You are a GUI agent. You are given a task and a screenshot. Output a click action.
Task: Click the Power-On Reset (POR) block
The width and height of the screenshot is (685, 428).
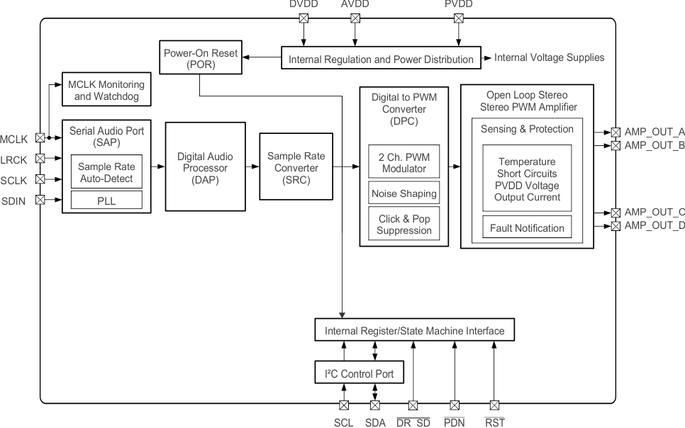200,58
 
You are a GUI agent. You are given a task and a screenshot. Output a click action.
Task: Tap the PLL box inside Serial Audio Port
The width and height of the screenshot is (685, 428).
106,200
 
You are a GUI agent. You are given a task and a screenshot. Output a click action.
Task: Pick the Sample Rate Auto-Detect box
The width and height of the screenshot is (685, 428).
106,172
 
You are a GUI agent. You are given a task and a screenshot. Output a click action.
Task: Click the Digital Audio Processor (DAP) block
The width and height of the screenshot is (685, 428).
201,167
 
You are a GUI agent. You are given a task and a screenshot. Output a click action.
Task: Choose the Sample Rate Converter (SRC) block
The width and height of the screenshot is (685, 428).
289,167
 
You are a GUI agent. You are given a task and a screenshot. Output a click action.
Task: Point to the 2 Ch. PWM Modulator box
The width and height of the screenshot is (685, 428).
404,162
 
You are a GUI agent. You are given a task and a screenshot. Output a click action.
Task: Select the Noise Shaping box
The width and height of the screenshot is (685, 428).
404,193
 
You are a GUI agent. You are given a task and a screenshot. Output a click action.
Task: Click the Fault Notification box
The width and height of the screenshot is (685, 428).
528,227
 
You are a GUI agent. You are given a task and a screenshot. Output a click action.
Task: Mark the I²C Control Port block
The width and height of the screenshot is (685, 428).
359,372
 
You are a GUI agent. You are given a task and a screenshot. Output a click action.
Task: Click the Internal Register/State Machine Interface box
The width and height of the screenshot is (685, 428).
414,330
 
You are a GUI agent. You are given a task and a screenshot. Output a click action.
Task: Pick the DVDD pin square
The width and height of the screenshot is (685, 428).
303,19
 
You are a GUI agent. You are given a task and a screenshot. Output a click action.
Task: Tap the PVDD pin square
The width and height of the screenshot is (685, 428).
458,19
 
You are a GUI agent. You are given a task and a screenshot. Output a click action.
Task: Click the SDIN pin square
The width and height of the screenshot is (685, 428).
40,199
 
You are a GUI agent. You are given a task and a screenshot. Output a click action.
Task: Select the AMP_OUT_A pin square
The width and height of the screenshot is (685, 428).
616,133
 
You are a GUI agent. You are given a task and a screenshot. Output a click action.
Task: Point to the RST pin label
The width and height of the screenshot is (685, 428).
494,422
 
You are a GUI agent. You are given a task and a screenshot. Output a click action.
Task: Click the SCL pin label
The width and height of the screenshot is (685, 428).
344,422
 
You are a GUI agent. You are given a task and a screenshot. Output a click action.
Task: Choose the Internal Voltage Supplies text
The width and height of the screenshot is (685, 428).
550,57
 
